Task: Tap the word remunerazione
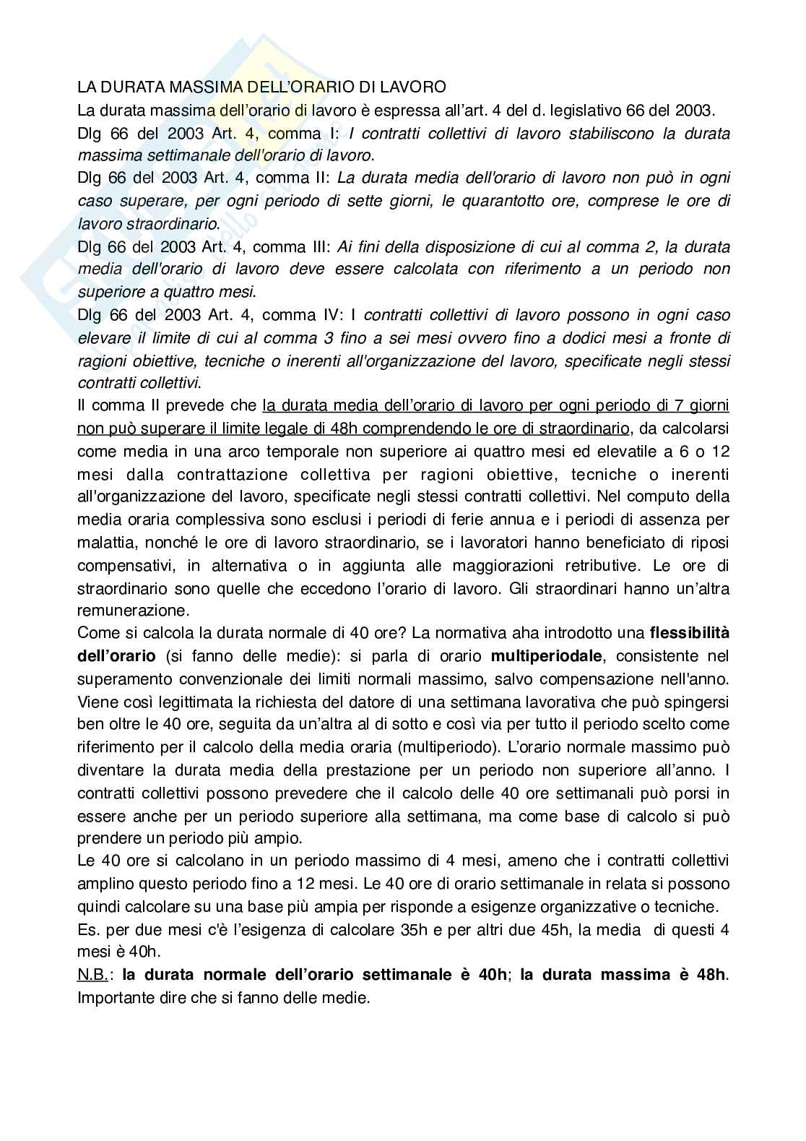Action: point(123,610)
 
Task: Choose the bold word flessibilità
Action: point(689,633)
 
